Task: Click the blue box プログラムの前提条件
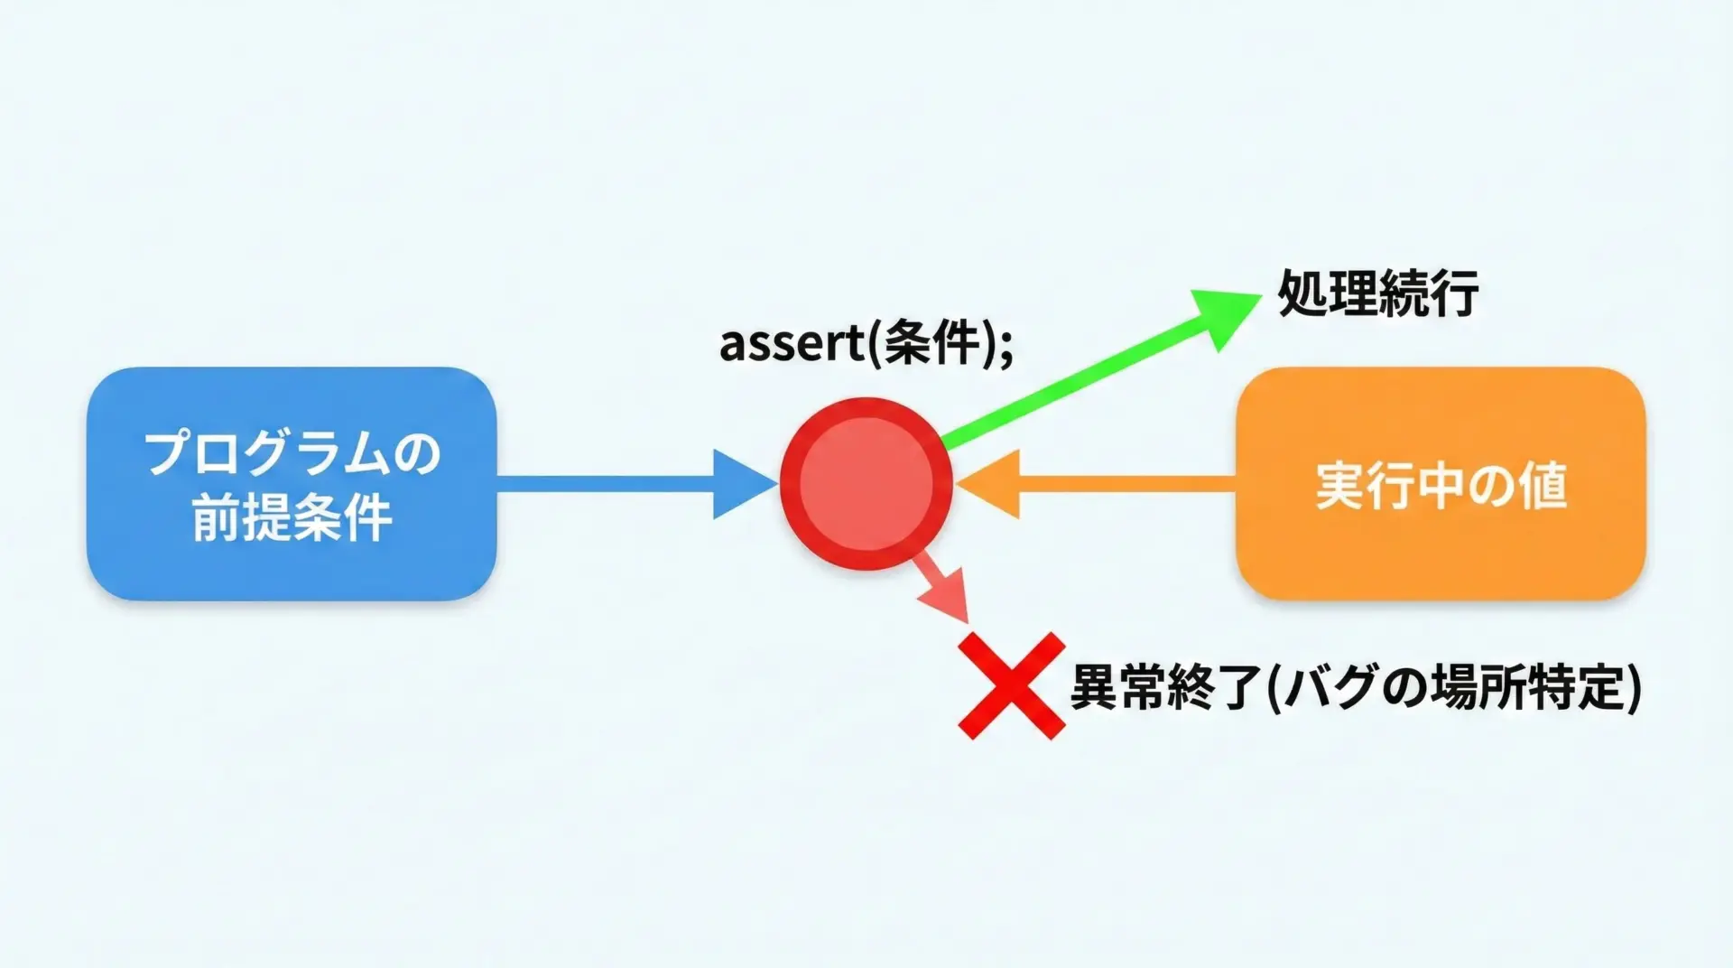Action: (291, 483)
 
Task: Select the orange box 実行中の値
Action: (1441, 483)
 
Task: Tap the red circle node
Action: (866, 483)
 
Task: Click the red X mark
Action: (1011, 686)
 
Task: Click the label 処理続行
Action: (1377, 293)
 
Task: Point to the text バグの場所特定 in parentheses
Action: (1453, 687)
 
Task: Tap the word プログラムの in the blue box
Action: (292, 452)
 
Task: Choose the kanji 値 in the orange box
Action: (1543, 486)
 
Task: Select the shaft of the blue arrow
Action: (605, 484)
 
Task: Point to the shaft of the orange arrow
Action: (1128, 484)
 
